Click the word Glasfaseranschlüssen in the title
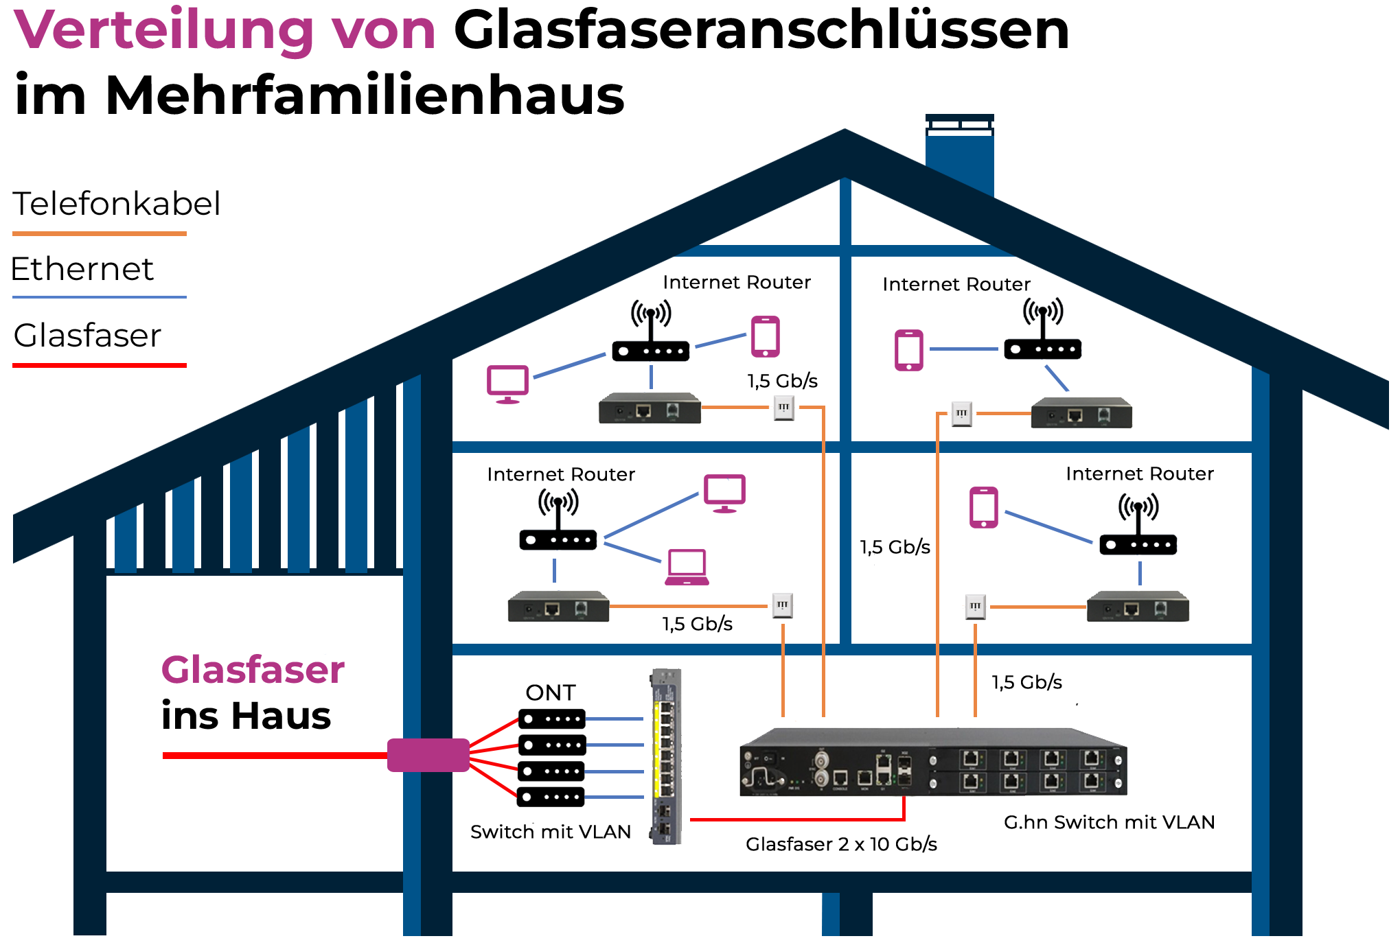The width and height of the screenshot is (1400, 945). click(761, 31)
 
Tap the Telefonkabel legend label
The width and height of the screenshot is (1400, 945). click(117, 204)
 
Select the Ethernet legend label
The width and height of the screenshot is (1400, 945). click(82, 269)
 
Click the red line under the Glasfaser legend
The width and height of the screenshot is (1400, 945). click(100, 365)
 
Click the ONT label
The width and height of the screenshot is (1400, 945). click(550, 692)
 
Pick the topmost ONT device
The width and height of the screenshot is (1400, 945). click(551, 719)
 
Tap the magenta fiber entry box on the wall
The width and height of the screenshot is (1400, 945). click(428, 755)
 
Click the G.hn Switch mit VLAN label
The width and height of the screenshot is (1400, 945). click(1109, 822)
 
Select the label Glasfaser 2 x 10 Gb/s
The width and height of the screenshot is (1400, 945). click(841, 844)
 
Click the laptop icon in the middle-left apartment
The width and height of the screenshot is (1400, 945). click(687, 568)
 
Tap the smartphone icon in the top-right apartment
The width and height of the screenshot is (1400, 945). click(909, 350)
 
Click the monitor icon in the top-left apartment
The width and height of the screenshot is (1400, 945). click(507, 384)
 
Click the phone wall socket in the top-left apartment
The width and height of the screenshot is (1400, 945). click(783, 408)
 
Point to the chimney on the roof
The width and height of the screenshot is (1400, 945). click(959, 154)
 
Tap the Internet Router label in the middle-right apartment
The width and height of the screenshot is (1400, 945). click(1139, 474)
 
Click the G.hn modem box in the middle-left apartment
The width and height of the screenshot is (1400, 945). click(558, 607)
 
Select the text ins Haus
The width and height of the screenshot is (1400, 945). click(246, 716)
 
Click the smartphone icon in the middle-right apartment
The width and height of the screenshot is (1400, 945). click(983, 508)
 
